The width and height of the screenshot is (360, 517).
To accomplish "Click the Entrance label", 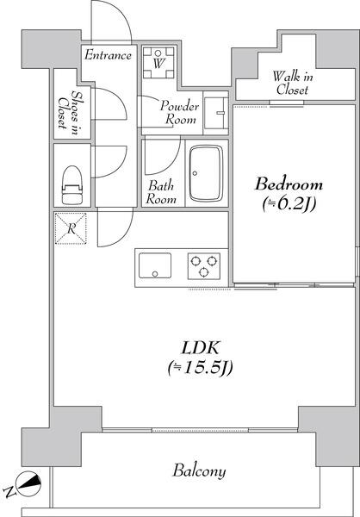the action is [x=108, y=55].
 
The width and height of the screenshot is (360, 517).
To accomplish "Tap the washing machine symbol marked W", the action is [x=158, y=63].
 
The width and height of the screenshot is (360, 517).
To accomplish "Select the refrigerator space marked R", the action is [x=71, y=228].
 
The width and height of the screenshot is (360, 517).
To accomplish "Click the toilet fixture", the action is [x=71, y=185].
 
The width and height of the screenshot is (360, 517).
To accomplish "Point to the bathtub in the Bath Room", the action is [x=207, y=173].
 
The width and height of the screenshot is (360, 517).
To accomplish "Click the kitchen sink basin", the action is [x=155, y=265].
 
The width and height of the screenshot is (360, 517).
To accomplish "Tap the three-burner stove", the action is [x=204, y=265].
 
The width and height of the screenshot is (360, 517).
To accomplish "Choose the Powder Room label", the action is [x=180, y=112].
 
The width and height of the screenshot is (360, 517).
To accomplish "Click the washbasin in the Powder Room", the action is [x=216, y=113].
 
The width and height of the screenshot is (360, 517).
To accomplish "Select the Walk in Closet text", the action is [x=293, y=83].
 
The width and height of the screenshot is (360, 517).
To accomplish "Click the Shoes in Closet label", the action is [x=69, y=112].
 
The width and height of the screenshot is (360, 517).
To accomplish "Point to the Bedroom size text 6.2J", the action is [x=289, y=205].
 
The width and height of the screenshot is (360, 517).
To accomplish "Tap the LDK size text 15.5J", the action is [x=201, y=367].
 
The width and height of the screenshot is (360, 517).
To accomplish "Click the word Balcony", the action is [x=200, y=470].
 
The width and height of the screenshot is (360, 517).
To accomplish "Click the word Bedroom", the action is [x=289, y=184].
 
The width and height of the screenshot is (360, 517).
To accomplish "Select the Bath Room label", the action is [x=161, y=192].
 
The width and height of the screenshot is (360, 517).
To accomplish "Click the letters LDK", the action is [x=201, y=348].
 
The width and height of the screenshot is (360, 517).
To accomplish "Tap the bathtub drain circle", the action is [x=195, y=173].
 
